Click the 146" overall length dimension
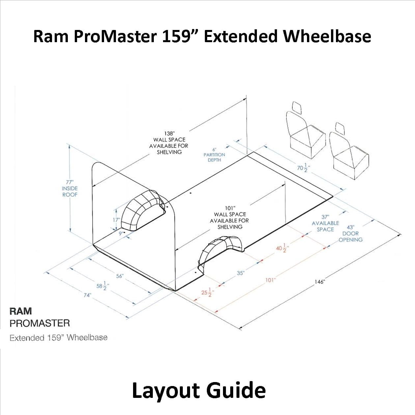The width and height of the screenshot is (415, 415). [319, 282]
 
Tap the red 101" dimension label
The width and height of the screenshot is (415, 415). [270, 280]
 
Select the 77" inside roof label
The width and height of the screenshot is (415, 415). [70, 188]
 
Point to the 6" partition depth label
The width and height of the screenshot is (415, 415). [214, 155]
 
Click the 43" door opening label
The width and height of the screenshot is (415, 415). [350, 234]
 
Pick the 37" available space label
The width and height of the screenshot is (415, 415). [325, 223]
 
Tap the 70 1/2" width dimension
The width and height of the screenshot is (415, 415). [302, 168]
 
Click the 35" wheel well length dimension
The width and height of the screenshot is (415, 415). [240, 273]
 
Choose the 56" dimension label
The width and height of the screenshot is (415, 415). [119, 276]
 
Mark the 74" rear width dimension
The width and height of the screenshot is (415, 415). [87, 295]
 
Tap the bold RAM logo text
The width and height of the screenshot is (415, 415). [21, 311]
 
